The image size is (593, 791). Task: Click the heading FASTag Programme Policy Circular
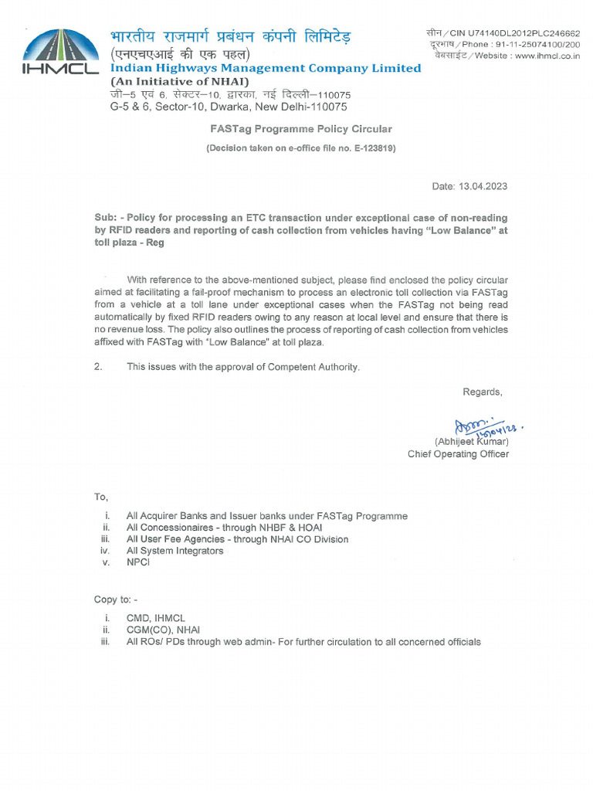point(301,129)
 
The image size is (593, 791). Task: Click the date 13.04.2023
point(483,187)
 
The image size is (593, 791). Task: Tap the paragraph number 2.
point(98,367)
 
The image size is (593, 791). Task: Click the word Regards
point(482,392)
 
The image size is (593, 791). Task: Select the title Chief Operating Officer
point(458,454)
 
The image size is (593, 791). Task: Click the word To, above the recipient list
point(101,496)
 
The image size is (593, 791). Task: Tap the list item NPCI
point(139,562)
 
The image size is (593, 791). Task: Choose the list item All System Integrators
point(175,551)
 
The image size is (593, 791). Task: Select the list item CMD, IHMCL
point(156,619)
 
